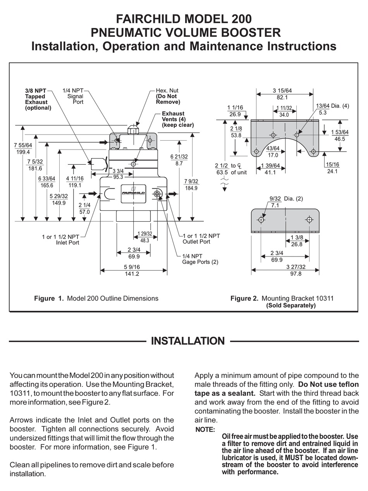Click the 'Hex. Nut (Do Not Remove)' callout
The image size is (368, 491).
(x=168, y=96)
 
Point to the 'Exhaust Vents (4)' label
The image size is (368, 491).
(x=177, y=119)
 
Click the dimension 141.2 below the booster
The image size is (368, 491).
(x=131, y=274)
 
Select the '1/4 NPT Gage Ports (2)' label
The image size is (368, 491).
(x=200, y=259)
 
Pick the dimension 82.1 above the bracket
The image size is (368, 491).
(x=282, y=98)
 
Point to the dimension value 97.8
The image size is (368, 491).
(x=293, y=274)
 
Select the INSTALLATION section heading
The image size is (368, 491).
(x=187, y=341)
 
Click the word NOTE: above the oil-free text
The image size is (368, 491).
(x=205, y=429)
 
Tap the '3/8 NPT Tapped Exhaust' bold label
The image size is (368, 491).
(x=36, y=99)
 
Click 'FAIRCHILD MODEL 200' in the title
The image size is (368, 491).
(x=184, y=19)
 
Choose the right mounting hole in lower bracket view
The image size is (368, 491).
(x=309, y=220)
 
